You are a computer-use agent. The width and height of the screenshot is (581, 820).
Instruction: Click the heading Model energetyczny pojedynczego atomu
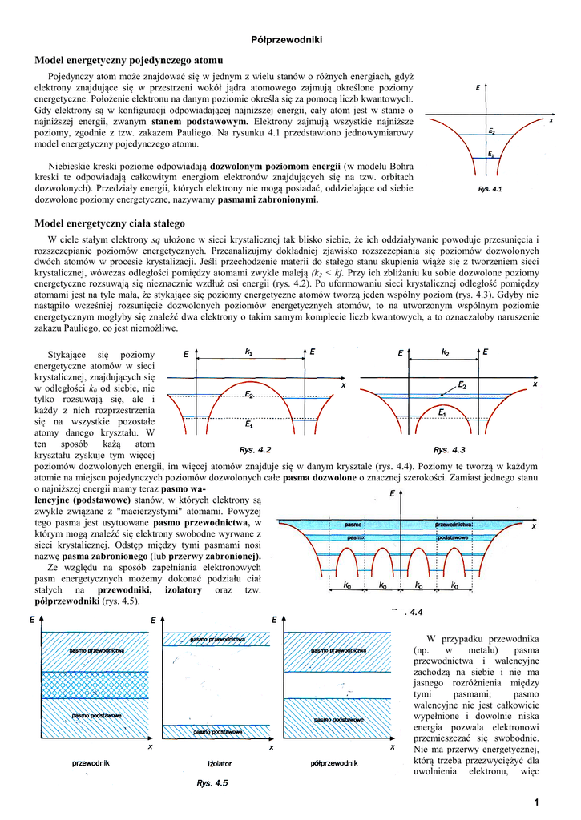point(128,60)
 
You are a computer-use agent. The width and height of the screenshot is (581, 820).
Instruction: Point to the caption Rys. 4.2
point(256,448)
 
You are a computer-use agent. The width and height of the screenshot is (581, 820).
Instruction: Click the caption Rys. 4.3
point(450,448)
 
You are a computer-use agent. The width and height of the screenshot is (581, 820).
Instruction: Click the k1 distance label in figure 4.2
point(248,351)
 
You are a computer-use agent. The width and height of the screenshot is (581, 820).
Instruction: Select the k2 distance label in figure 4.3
point(445,351)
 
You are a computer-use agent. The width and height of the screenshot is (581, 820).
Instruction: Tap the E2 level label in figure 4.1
point(491,131)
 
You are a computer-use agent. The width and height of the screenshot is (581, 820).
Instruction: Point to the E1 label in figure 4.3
point(442,412)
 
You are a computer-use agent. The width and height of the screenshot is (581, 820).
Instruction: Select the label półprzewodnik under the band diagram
point(333,762)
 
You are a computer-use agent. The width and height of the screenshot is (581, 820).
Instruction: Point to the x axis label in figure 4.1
point(551,120)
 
